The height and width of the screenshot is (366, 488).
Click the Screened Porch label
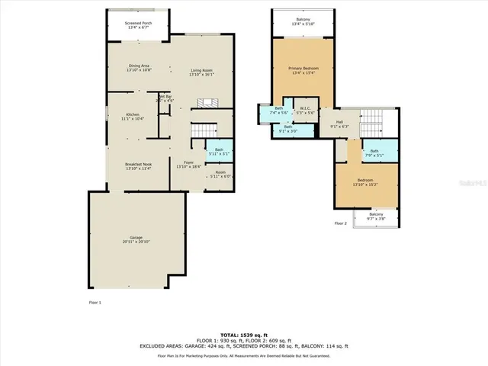coord(138,25)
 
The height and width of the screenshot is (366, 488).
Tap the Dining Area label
coord(139,68)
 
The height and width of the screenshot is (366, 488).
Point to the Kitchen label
coord(133,117)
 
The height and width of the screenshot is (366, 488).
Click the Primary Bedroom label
coord(304,71)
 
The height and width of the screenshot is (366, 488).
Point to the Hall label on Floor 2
coord(339,124)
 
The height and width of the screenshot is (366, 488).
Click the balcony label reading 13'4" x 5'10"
coord(303,23)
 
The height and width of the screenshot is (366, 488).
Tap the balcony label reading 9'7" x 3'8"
coord(377,216)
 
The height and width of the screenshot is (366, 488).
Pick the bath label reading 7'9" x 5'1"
coord(374,152)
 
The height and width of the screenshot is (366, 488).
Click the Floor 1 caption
coord(95,303)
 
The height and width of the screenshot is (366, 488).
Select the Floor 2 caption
coord(340,223)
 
